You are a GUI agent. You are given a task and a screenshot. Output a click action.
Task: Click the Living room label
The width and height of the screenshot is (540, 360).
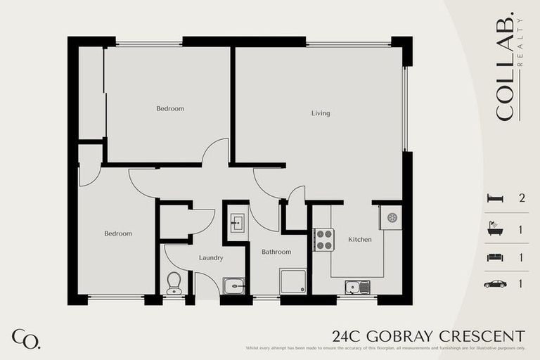click(x=321, y=113)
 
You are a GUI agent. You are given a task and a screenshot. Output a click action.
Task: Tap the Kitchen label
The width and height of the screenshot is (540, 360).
click(x=360, y=240)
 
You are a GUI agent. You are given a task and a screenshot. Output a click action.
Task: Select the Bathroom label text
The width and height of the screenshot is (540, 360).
click(x=276, y=252)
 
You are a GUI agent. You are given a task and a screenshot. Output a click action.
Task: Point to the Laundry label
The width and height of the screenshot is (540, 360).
click(x=211, y=258)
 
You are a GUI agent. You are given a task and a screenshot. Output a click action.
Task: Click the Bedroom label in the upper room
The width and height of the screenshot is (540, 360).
click(x=170, y=108)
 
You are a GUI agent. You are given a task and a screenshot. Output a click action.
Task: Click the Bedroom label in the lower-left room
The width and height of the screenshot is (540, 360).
click(x=118, y=233)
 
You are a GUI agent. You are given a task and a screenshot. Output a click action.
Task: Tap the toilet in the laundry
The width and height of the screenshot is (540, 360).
click(x=174, y=283)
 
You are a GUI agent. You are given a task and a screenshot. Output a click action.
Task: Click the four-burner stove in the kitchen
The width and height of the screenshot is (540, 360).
click(x=323, y=240)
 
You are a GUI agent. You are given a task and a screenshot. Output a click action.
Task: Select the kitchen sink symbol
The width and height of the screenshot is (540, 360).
click(x=357, y=287)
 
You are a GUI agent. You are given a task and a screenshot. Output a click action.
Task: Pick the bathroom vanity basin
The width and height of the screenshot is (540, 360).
click(x=237, y=223)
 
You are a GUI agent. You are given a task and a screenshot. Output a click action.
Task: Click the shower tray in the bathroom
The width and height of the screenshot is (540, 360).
click(x=292, y=281)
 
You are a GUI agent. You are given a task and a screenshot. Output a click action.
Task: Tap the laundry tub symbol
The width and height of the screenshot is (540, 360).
click(x=234, y=285)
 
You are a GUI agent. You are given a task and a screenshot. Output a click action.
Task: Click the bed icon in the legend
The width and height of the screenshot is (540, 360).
click(x=495, y=198)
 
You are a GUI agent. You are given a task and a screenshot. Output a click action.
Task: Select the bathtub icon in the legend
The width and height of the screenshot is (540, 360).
click(x=495, y=229)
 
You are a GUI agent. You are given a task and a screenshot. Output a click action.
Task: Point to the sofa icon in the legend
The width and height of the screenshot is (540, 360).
click(x=495, y=257)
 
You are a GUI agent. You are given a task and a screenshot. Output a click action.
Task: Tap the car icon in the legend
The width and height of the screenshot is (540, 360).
click(x=495, y=284)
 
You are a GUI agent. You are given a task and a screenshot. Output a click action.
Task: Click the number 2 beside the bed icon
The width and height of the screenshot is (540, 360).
click(x=521, y=198)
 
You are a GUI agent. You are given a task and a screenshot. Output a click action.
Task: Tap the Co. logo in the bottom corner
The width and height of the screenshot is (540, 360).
click(x=26, y=338)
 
